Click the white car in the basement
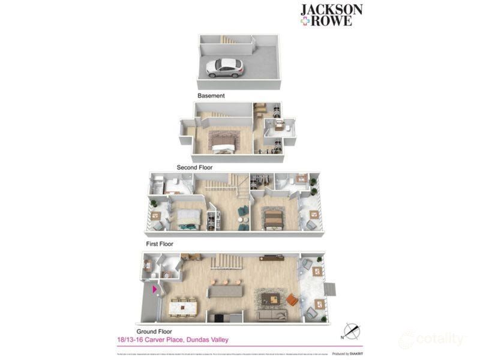point(224,67)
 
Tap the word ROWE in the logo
point(336,21)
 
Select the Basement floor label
point(211,95)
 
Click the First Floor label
point(159,244)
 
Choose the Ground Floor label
point(154,331)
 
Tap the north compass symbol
point(350,331)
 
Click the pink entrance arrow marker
point(155,289)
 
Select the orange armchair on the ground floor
point(292,299)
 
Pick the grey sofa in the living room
point(273,314)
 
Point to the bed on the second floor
point(223,145)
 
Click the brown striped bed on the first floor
point(273,217)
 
